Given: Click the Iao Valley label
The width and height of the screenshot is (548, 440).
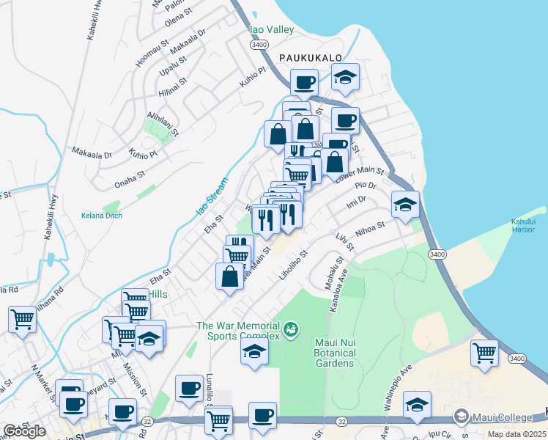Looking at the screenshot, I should click(272, 29).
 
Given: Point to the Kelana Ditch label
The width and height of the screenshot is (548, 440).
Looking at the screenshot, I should click(102, 215).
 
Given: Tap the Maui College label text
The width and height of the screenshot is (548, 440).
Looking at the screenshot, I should click(502, 418).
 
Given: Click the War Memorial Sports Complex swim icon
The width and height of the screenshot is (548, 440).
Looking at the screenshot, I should click(291, 330).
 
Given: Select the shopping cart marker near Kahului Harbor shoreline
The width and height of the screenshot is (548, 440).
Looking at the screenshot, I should click(485, 353).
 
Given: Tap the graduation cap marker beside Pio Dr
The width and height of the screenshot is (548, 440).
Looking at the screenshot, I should click(404, 205).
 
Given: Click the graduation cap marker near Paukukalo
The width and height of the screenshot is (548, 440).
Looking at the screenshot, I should click(345, 76).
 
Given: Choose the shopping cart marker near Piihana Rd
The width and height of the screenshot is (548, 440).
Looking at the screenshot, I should click(23, 319).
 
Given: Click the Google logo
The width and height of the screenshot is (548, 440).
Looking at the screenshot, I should click(24, 431).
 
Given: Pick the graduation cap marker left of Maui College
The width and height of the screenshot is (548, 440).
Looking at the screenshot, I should click(417, 406).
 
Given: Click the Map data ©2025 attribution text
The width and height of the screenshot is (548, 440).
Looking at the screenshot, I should click(516, 434).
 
